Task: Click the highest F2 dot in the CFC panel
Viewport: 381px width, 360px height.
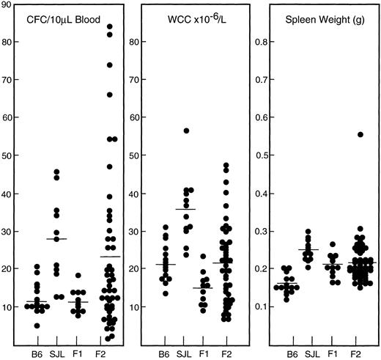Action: (110, 27)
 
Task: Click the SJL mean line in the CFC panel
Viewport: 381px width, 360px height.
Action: (56, 239)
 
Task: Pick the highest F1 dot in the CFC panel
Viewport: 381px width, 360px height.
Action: (82, 276)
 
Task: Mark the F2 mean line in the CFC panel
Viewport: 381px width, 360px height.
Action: (109, 257)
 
